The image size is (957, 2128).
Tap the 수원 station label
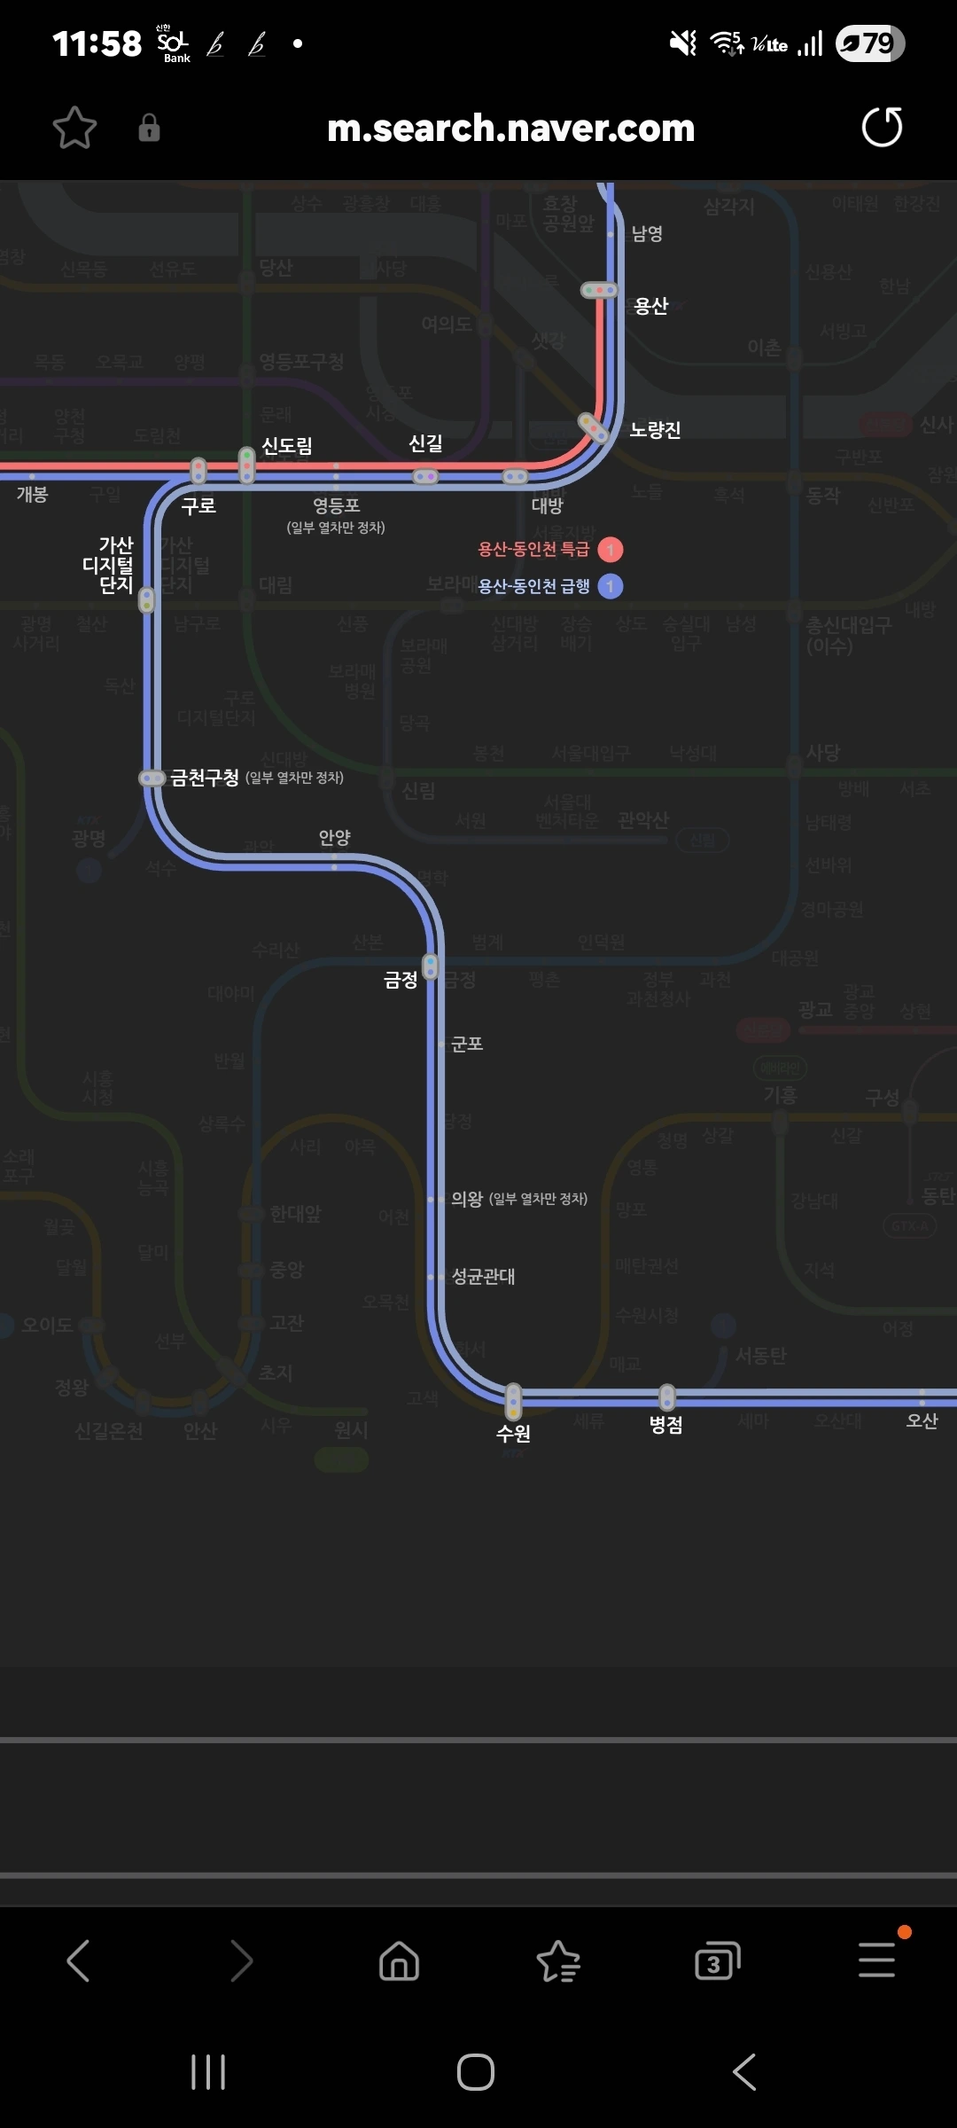pos(513,1433)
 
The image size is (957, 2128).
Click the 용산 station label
pos(650,307)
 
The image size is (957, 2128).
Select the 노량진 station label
pos(655,431)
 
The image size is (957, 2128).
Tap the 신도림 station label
pos(287,446)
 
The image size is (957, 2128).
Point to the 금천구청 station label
pos(205,778)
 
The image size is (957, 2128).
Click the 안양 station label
pos(335,838)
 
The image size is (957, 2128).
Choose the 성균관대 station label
pos(483,1277)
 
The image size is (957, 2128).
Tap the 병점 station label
pos(665,1425)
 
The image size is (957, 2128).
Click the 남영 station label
pos(647,234)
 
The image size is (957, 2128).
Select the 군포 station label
pos(467,1044)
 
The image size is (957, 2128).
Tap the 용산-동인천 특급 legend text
pos(533,550)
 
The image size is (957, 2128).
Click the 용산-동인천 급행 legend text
pos(533,586)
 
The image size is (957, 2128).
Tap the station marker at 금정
pos(431,966)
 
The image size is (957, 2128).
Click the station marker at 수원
pos(513,1400)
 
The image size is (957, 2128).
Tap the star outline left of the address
pos(74,129)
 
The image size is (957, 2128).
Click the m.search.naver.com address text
pos(510,129)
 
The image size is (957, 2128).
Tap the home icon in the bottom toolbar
pos(399,1960)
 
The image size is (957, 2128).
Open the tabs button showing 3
pos(717,1960)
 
